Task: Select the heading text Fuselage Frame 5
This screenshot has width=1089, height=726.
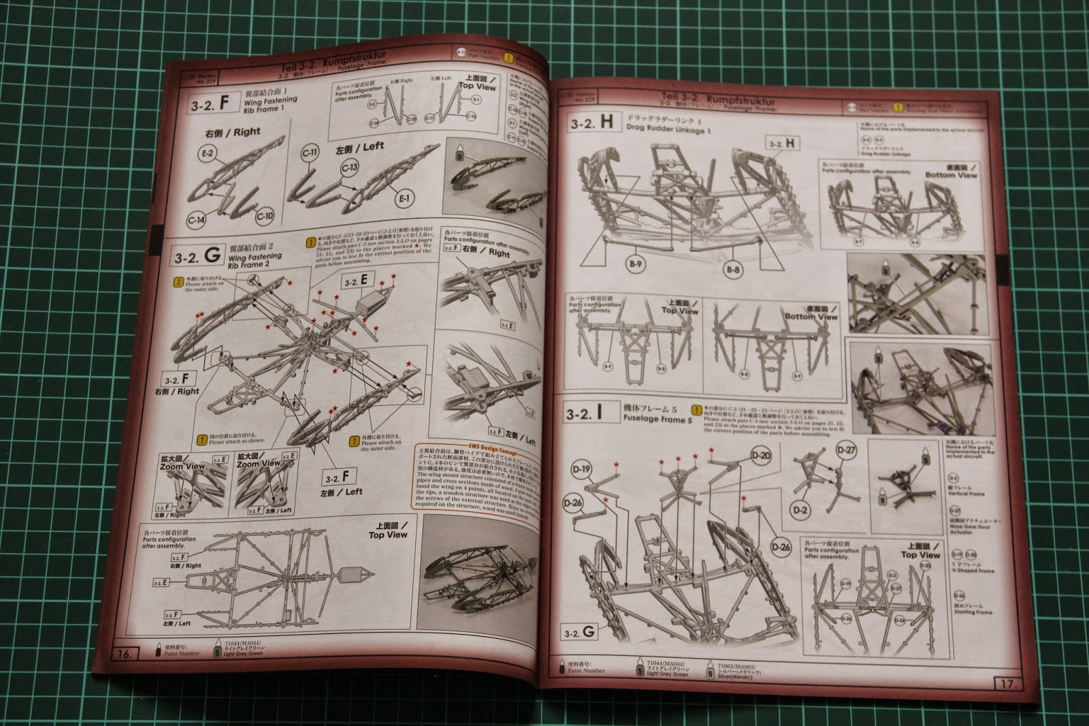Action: coord(657,420)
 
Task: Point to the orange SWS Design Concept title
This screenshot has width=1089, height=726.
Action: coord(466,452)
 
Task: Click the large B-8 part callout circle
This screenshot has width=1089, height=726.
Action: coord(733,270)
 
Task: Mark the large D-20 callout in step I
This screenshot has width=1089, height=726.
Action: coord(761,456)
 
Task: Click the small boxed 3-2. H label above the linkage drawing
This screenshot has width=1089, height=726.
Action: coord(782,144)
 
